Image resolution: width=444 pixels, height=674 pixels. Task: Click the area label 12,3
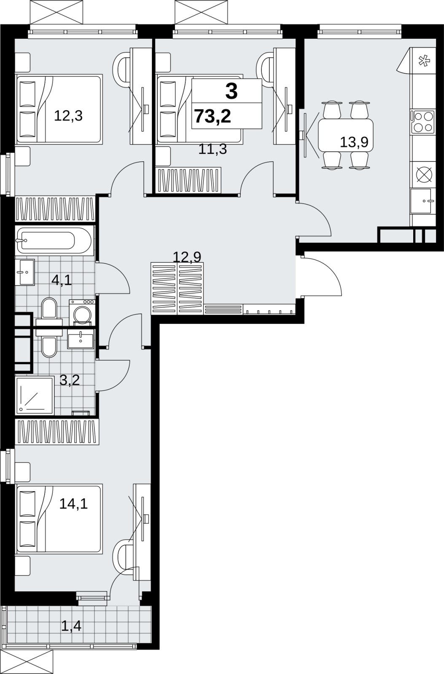(x=68, y=116)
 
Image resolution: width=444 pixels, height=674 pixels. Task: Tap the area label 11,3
(x=213, y=149)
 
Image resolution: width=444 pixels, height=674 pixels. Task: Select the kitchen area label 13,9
(x=354, y=142)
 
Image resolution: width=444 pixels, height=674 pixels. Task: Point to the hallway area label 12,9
(x=187, y=257)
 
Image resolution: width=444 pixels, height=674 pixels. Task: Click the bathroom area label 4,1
(x=62, y=281)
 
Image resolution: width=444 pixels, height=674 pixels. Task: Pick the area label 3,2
(x=70, y=380)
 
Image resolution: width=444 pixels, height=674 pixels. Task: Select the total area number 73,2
(x=213, y=116)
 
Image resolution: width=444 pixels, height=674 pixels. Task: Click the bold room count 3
(x=231, y=91)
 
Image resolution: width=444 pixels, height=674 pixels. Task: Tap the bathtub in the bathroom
(x=55, y=241)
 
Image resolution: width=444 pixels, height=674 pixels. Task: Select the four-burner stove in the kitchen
(x=422, y=122)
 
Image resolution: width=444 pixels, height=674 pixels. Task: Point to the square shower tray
(x=35, y=395)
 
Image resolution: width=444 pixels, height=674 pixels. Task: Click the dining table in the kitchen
(x=346, y=135)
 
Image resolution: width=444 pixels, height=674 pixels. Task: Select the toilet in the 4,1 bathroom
(x=49, y=310)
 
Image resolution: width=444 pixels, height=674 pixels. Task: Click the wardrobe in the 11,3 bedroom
(x=188, y=180)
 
